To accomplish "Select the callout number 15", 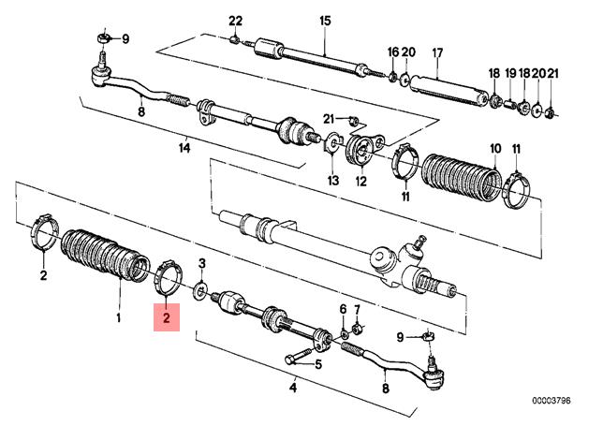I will (325, 21).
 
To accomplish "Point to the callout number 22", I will (235, 21).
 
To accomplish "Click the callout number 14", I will (184, 146).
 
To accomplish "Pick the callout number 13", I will (333, 179).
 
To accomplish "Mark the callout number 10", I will (495, 149).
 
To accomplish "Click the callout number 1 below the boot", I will (118, 317).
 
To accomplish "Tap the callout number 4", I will (293, 388).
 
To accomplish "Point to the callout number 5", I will (318, 364).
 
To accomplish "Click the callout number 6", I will (343, 309).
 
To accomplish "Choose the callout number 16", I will (393, 51).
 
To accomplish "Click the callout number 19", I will (510, 73).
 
